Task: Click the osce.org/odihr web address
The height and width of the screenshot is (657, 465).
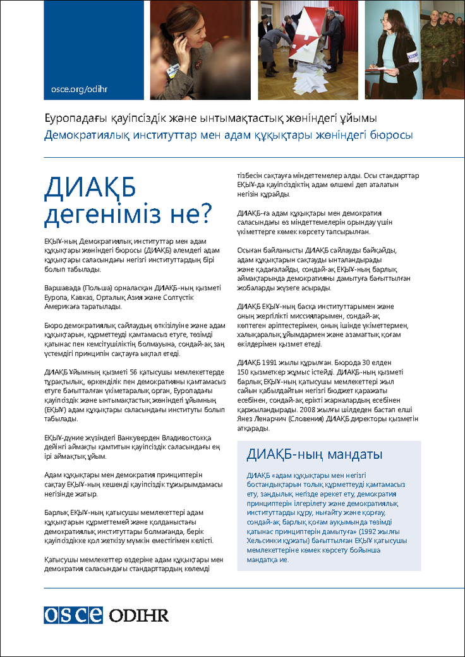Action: [80, 89]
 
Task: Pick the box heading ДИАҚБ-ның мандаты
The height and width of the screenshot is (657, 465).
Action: [314, 454]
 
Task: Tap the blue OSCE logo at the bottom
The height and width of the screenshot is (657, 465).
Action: [73, 615]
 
